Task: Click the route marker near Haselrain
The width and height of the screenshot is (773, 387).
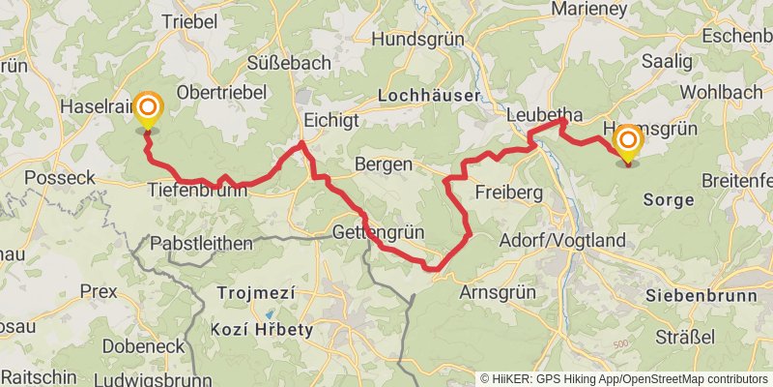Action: click(x=148, y=111)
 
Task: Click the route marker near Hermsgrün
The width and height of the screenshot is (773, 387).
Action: click(x=627, y=144)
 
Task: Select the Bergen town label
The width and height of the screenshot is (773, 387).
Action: click(x=384, y=164)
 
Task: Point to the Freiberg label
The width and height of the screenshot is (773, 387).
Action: click(x=508, y=193)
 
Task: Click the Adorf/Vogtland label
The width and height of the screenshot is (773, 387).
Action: click(x=562, y=240)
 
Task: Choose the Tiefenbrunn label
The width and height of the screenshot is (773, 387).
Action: click(x=197, y=192)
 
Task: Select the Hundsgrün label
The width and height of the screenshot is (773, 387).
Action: click(x=418, y=40)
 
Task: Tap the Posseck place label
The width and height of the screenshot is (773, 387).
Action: click(x=59, y=178)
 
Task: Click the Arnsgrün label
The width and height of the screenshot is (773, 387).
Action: click(x=504, y=292)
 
